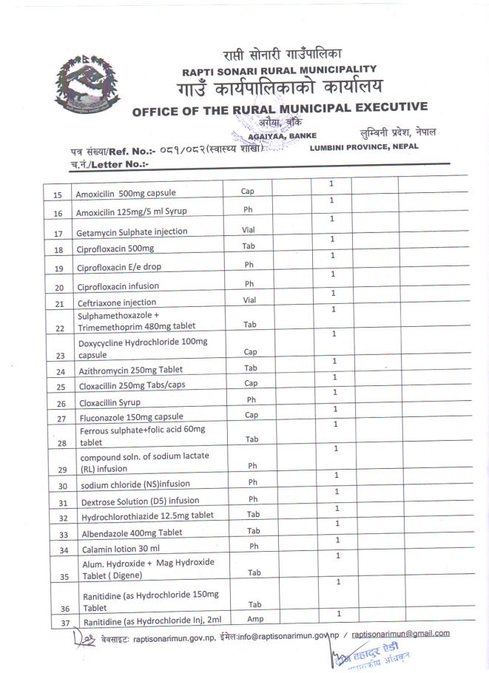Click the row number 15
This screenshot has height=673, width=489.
point(58,195)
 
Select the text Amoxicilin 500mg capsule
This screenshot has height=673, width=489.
point(126,195)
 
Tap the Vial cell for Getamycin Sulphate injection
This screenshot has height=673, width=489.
point(249,230)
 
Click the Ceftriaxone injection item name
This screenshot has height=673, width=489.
point(117,302)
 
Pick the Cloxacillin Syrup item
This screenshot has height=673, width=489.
point(109,403)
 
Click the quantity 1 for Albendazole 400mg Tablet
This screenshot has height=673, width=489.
point(337,524)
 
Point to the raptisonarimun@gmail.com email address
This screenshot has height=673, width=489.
point(400,634)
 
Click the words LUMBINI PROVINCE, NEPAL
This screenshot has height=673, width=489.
point(364,146)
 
